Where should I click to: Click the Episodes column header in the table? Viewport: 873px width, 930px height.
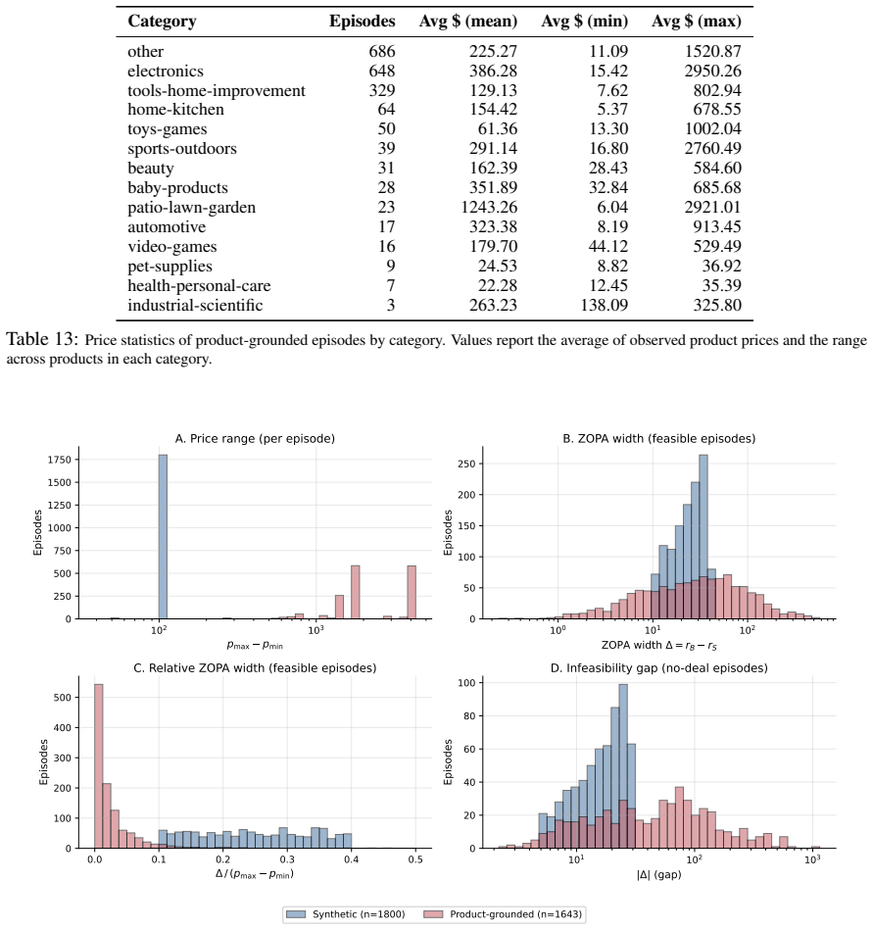(362, 22)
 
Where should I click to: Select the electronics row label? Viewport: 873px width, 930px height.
(166, 72)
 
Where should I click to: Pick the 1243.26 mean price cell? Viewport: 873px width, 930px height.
(489, 207)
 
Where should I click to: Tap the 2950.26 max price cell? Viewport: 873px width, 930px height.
(713, 72)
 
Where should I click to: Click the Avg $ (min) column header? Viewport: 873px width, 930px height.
(584, 22)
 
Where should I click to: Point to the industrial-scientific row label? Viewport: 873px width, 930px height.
(195, 305)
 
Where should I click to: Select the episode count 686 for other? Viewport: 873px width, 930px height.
(382, 52)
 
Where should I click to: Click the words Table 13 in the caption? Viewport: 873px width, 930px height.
(42, 339)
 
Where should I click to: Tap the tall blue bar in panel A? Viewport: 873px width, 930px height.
(163, 537)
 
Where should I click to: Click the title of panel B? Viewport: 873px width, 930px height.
(658, 438)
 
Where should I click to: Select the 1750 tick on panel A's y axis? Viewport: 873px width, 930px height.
(60, 460)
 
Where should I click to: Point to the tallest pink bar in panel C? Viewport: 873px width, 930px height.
(98, 765)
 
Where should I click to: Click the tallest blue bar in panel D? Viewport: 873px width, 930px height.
(623, 766)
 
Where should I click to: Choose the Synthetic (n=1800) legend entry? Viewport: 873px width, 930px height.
(346, 914)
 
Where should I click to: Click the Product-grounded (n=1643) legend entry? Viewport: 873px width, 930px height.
(503, 914)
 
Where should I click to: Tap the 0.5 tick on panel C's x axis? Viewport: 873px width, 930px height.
(415, 858)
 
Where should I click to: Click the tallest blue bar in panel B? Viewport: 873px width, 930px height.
(703, 537)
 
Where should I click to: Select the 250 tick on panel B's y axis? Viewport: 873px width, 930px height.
(466, 464)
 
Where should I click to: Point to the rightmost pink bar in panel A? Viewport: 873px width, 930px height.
(412, 592)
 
